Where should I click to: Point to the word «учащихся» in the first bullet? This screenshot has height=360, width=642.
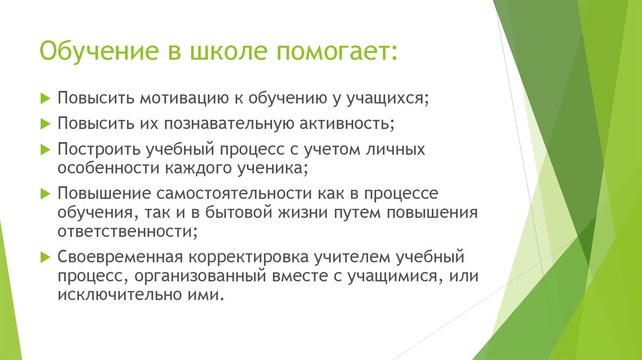[x=388, y=98]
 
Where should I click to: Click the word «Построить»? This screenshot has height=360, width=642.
[x=98, y=150]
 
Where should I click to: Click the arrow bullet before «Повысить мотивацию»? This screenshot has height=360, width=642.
[x=45, y=98]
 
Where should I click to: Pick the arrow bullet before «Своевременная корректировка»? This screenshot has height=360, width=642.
[x=45, y=257]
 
